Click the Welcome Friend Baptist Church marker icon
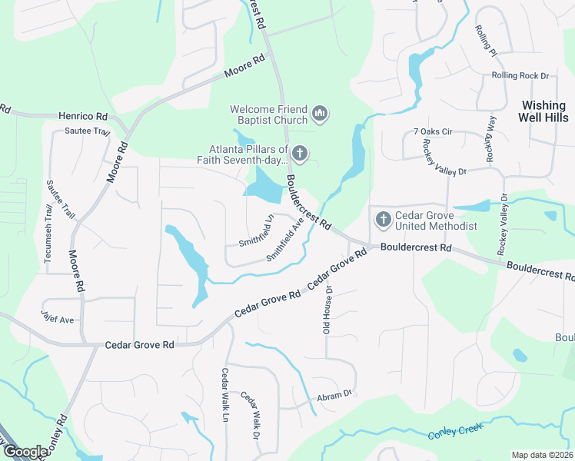pyautogui.click(x=320, y=115)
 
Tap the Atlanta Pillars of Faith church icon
pyautogui.click(x=299, y=155)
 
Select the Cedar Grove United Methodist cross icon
pyautogui.click(x=382, y=221)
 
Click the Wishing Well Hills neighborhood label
pyautogui.click(x=544, y=111)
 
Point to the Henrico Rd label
pyautogui.click(x=83, y=116)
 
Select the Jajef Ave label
pyautogui.click(x=58, y=316)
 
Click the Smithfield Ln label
pyautogui.click(x=257, y=230)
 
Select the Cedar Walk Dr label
pyautogui.click(x=251, y=416)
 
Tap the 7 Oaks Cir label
pyautogui.click(x=433, y=132)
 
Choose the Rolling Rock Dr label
pyautogui.click(x=520, y=75)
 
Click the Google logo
pyautogui.click(x=25, y=452)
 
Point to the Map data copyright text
pyautogui.click(x=542, y=455)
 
